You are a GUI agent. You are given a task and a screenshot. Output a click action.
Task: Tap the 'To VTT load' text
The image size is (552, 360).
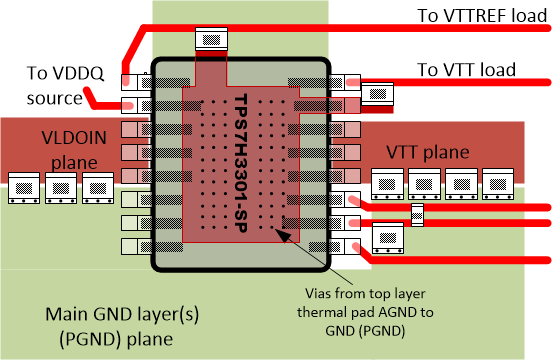[466, 69]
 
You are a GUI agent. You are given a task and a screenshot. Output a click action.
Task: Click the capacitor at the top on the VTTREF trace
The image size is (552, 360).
[210, 40]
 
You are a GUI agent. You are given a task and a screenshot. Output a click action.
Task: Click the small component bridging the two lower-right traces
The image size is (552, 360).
[418, 213]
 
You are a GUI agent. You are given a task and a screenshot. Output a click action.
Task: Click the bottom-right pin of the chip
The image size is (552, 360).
[344, 245]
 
